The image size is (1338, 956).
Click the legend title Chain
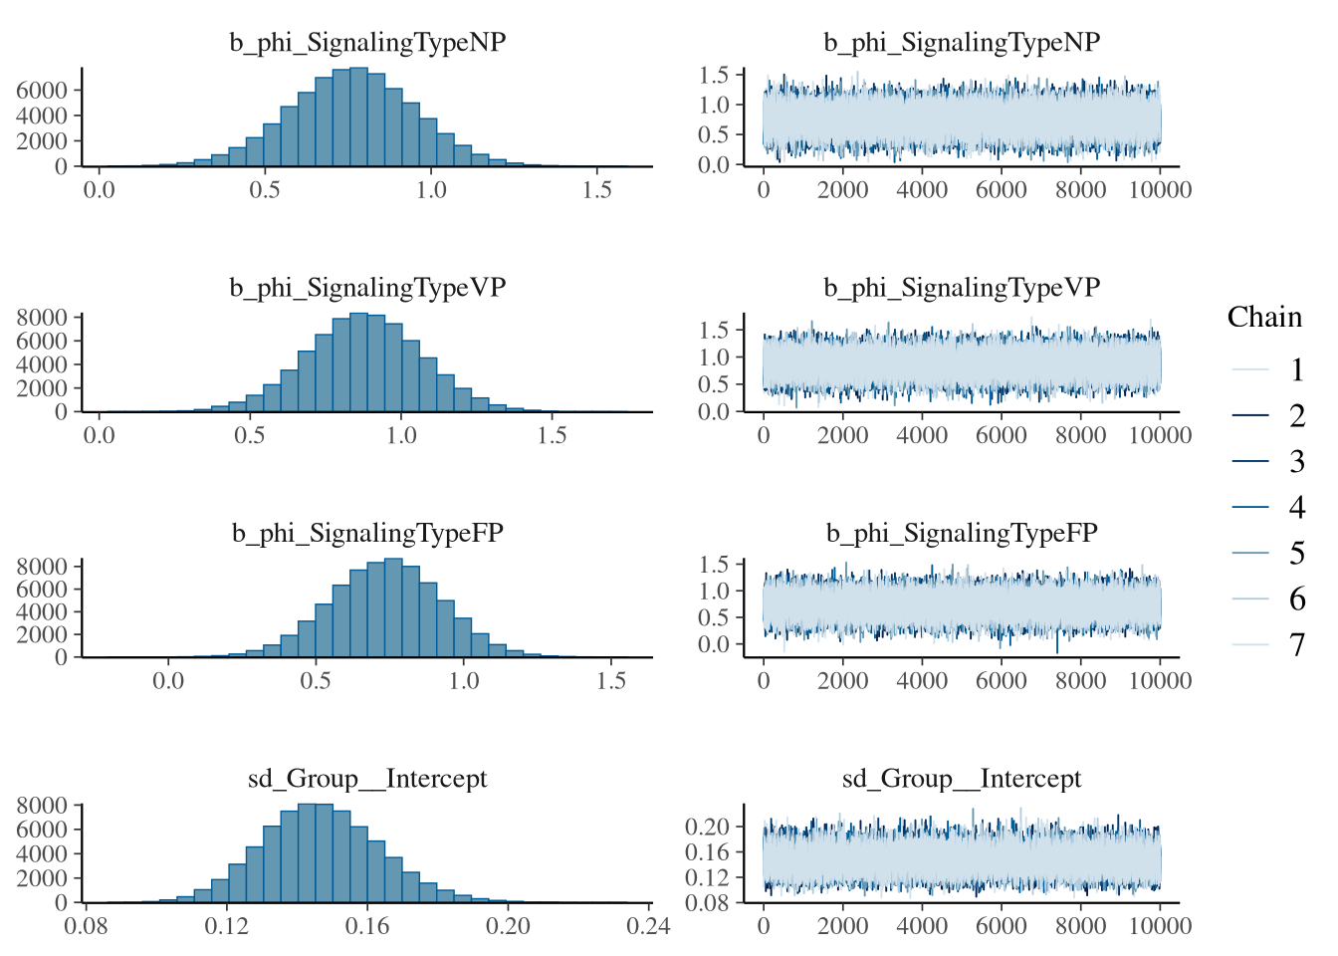[1264, 318]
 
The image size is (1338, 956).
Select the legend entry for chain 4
[1296, 508]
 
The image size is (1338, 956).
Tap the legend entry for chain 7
[1296, 645]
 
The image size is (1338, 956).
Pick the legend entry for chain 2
[1296, 416]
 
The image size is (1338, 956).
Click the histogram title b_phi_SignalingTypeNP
[367, 43]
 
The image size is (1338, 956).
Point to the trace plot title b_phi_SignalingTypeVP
[962, 288]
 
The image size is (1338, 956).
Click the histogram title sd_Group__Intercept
[367, 779]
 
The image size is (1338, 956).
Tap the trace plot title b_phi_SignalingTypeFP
[962, 534]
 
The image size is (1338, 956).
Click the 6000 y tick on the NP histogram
[42, 91]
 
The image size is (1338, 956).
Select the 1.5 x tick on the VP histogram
[552, 436]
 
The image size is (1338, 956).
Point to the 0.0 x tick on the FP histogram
[168, 681]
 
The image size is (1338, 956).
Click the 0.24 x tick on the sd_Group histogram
[649, 926]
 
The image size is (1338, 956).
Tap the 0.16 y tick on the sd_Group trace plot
[707, 852]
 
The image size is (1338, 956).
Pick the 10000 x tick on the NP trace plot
[1161, 190]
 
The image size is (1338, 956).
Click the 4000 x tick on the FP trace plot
[922, 681]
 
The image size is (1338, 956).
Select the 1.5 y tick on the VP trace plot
[715, 330]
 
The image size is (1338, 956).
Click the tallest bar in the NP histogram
[358, 118]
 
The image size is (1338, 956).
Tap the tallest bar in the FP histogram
[393, 607]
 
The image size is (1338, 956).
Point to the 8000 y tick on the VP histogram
[42, 318]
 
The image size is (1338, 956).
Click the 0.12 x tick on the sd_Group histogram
[227, 926]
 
